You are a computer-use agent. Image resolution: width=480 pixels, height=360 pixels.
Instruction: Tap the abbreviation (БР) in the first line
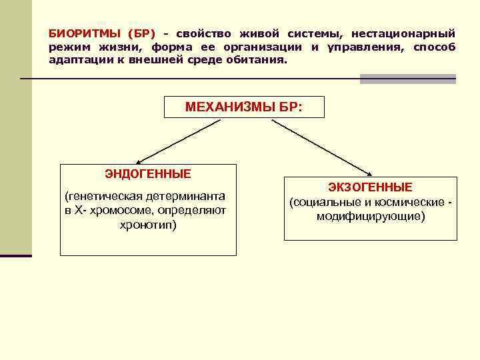tap(141, 33)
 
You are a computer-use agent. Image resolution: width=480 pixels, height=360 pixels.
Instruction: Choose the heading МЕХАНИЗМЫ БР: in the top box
tap(243, 107)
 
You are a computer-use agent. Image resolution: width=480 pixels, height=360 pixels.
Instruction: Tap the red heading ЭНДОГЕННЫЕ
tap(148, 174)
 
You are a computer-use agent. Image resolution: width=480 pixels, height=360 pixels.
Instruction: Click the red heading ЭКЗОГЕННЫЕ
tap(370, 187)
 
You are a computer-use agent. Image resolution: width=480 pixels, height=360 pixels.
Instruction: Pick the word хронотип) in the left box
tap(148, 225)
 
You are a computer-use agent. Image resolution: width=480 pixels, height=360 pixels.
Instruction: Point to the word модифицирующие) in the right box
tap(370, 217)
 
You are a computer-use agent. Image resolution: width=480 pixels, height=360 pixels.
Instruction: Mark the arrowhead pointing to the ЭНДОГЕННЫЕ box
tap(139, 161)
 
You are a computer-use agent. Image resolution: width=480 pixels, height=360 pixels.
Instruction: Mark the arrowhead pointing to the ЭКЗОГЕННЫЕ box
tap(369, 173)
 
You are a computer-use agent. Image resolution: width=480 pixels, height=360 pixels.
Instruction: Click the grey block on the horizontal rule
tap(408, 79)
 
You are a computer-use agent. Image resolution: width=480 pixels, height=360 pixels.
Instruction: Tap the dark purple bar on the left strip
tap(15, 255)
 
